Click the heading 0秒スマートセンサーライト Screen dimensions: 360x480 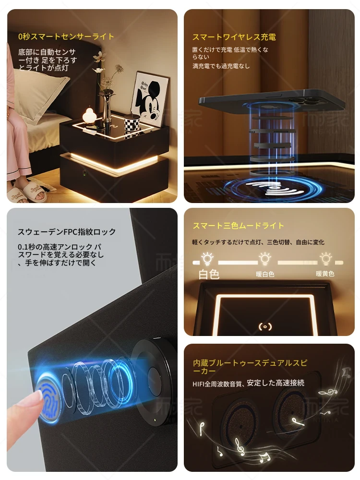click(x=66, y=37)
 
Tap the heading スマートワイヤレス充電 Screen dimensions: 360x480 click(x=234, y=37)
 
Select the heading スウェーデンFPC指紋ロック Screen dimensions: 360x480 click(x=67, y=232)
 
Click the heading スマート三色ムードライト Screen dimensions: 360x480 click(x=238, y=226)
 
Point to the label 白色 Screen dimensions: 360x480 click(x=209, y=274)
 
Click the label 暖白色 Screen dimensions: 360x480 click(x=265, y=274)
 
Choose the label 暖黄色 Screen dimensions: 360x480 click(x=325, y=274)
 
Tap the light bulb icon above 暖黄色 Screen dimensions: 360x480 click(x=326, y=259)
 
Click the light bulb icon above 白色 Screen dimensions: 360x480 click(x=207, y=259)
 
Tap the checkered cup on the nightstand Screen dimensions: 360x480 click(x=132, y=124)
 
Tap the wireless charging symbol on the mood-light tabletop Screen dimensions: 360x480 click(x=265, y=327)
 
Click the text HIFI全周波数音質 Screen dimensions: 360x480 click(x=217, y=383)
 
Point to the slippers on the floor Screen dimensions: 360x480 click(x=29, y=192)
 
